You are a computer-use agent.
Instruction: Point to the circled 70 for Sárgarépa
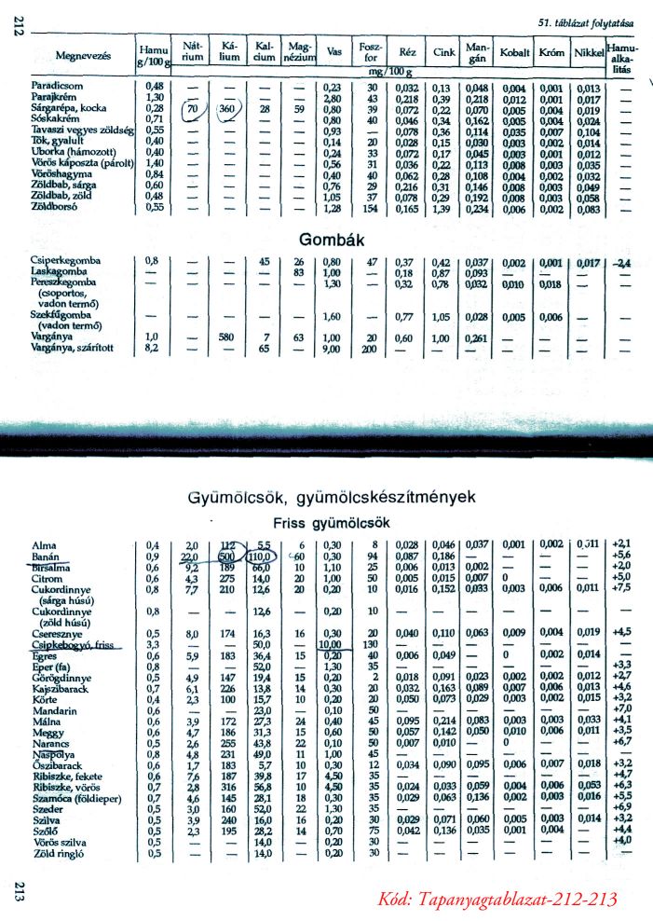192,109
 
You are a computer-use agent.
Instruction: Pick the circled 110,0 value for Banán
264,556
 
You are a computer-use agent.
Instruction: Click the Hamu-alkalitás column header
620,56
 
